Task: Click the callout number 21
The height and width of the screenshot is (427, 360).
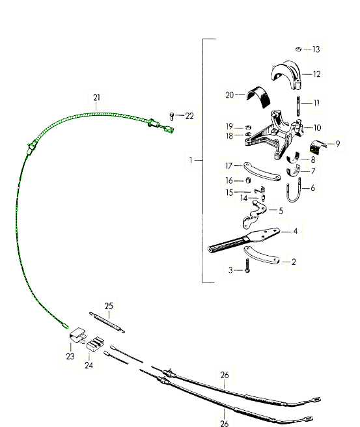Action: [96, 98]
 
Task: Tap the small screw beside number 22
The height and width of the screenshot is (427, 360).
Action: [172, 117]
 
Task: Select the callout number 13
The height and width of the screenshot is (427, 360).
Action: [316, 49]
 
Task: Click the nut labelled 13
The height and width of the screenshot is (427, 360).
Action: [298, 49]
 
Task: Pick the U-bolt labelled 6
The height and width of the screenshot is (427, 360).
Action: [294, 191]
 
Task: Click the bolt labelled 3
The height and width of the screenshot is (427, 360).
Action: [247, 266]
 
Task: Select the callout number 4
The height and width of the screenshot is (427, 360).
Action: [296, 231]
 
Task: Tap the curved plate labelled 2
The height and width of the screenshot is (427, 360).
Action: [261, 255]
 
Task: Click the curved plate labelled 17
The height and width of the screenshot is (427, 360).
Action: [262, 172]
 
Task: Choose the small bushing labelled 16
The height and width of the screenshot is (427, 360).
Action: [248, 180]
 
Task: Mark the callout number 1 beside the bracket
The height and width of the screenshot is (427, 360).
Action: [191, 160]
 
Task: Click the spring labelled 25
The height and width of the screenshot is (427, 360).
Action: [107, 323]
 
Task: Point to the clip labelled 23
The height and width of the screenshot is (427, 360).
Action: [78, 335]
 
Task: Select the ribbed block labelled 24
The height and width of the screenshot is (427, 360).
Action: [95, 344]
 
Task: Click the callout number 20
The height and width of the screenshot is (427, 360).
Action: [230, 95]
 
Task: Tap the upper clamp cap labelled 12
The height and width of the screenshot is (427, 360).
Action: [286, 75]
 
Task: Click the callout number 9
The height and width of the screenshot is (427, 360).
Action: [338, 143]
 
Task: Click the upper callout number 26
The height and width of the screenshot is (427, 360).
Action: [225, 375]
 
